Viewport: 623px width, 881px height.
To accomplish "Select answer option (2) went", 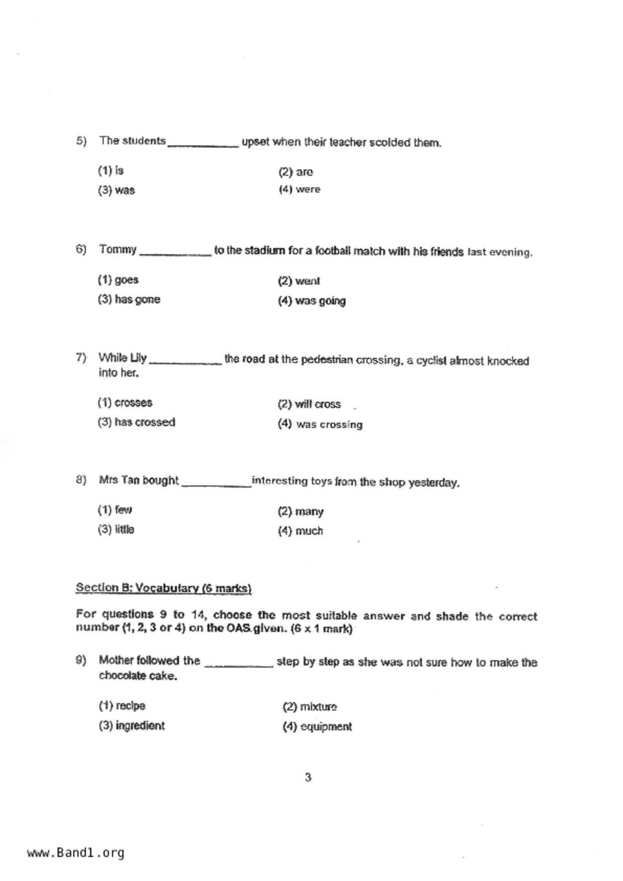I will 299,281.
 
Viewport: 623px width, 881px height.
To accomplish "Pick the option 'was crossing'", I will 320,424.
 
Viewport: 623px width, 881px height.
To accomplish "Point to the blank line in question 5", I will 203,145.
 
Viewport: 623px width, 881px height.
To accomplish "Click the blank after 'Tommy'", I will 174,254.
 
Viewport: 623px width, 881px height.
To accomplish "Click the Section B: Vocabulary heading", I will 163,588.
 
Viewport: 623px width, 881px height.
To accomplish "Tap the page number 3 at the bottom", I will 308,778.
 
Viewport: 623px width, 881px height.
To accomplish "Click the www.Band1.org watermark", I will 75,853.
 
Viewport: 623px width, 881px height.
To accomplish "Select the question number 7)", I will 81,358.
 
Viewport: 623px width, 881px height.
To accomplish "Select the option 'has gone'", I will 129,300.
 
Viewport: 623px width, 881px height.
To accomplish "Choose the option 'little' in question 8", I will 116,530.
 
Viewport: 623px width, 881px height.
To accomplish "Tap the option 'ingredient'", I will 132,726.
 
